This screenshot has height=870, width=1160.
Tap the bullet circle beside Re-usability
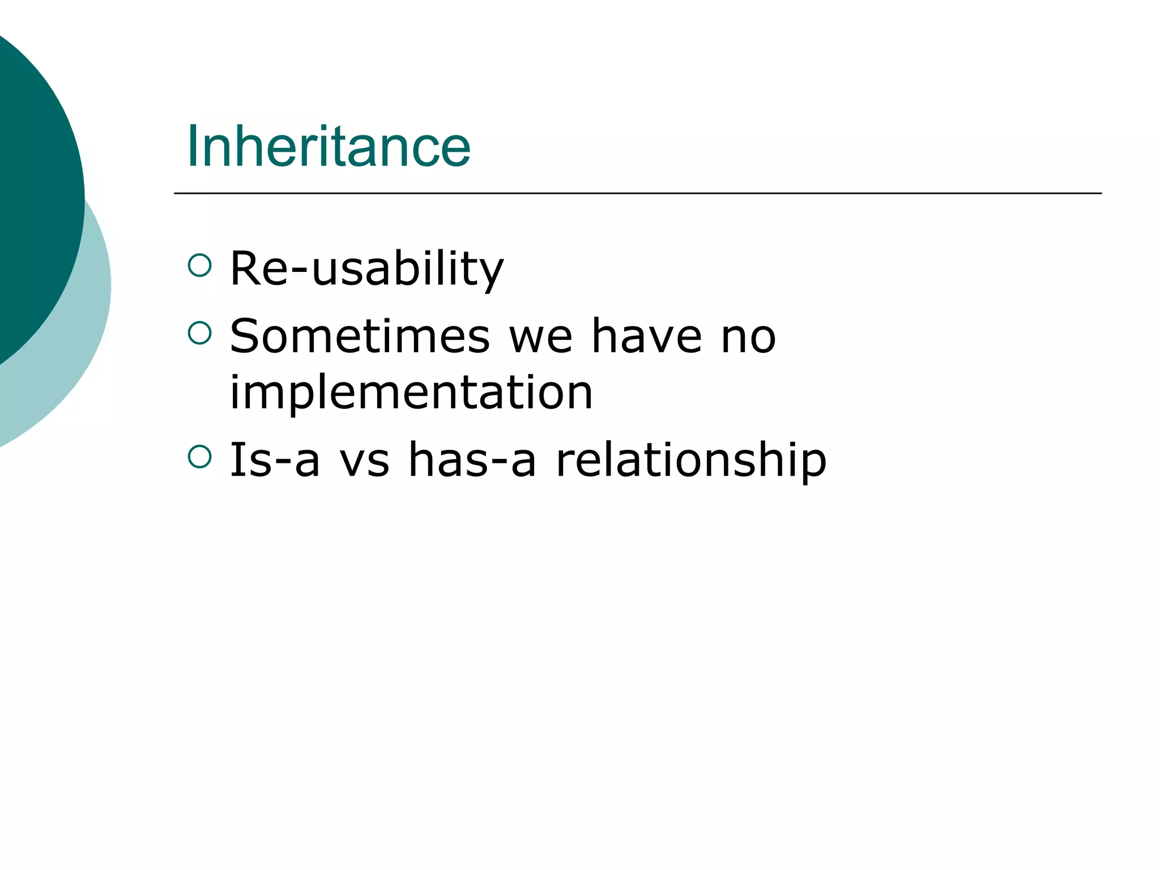[x=199, y=265]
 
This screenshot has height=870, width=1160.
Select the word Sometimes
[x=360, y=336]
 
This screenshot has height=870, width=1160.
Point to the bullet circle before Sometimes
[x=199, y=332]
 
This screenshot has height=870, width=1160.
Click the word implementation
[x=411, y=393]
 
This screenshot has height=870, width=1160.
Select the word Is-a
[x=275, y=460]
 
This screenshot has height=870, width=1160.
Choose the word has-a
[x=472, y=460]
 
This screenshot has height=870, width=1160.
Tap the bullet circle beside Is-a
[x=199, y=457]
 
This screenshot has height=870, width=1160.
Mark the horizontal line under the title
[x=637, y=193]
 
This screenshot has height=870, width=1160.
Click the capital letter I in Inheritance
[x=191, y=146]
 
